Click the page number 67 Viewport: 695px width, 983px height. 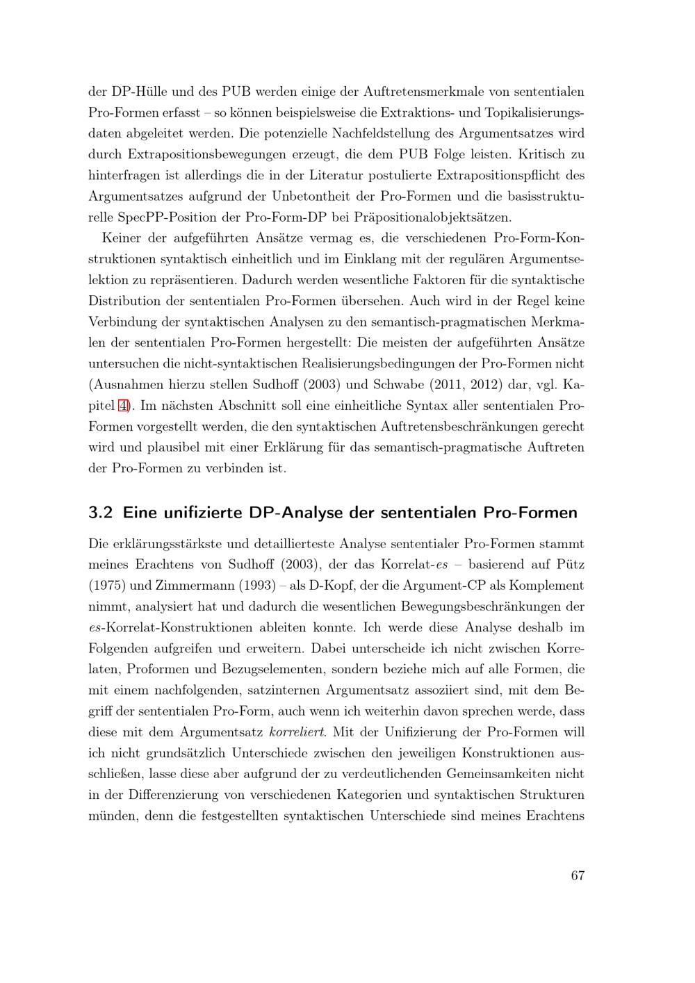[577, 875]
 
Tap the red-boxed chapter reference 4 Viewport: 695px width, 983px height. [123, 405]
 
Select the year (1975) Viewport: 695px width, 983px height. [106, 586]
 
